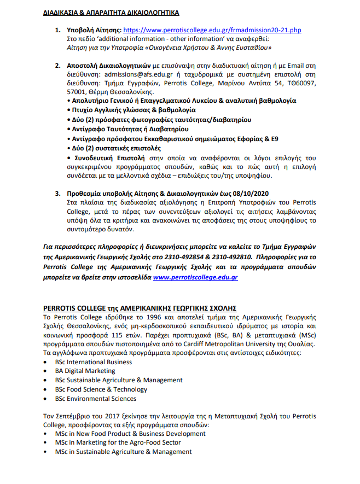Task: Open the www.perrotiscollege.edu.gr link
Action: point(195,277)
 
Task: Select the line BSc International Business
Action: point(93,362)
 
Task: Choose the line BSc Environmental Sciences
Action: point(95,399)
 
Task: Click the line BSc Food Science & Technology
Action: point(101,389)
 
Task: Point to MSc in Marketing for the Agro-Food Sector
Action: point(118,442)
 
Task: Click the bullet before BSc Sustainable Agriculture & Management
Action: point(46,381)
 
